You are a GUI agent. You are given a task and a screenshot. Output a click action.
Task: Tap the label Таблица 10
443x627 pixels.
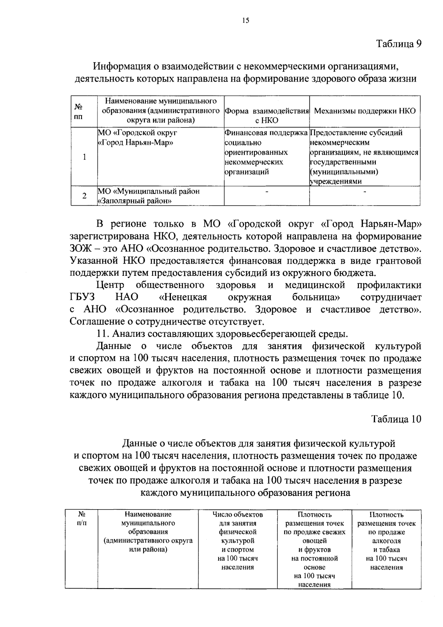(396, 419)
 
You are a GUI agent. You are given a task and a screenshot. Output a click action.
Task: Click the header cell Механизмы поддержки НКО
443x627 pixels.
(365, 111)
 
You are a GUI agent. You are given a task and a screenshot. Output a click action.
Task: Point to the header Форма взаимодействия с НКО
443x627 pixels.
(267, 116)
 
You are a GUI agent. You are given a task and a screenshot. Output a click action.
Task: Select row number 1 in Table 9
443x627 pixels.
(85, 157)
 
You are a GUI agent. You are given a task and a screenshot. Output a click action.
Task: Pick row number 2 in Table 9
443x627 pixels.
(85, 196)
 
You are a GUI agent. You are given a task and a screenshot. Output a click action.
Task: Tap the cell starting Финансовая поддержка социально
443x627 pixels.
(266, 152)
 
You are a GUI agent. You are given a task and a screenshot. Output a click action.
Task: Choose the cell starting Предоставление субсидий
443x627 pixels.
(364, 157)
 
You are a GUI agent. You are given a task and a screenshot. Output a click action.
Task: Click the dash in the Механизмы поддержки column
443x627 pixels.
(365, 192)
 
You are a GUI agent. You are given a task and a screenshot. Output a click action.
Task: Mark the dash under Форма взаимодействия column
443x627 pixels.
(267, 192)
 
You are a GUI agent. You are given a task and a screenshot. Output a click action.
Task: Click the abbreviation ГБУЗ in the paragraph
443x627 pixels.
(82, 297)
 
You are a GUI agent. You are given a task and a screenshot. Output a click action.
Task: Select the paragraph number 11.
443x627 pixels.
(101, 334)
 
